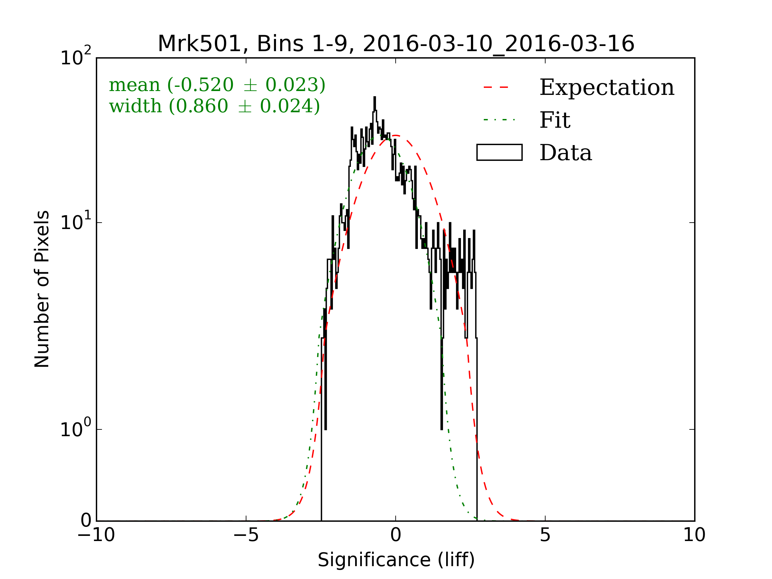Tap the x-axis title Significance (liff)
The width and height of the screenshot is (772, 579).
pyautogui.click(x=396, y=560)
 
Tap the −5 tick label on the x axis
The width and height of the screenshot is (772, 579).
pyautogui.click(x=246, y=535)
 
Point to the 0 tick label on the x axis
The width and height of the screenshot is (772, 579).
pyautogui.click(x=395, y=535)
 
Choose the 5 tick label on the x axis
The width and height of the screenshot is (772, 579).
pyautogui.click(x=545, y=535)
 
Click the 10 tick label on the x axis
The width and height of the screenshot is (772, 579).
pyautogui.click(x=694, y=535)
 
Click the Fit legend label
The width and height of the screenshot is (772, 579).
pyautogui.click(x=555, y=120)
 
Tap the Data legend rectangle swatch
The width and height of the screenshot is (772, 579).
pyautogui.click(x=500, y=152)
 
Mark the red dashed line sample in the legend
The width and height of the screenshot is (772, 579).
pyautogui.click(x=496, y=87)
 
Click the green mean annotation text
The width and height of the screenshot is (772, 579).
pyautogui.click(x=217, y=85)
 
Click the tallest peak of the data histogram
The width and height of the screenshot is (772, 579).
pyautogui.click(x=374, y=98)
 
